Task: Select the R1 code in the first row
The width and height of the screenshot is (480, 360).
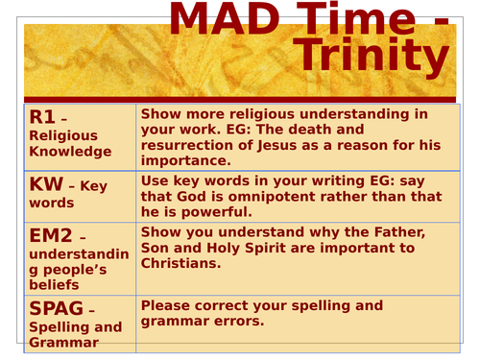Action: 42,117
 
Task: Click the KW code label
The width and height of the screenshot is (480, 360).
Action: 47,186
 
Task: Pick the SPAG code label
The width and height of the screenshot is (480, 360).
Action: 58,309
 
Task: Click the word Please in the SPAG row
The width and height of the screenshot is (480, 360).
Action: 169,305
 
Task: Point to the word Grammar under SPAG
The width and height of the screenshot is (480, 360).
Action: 63,342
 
